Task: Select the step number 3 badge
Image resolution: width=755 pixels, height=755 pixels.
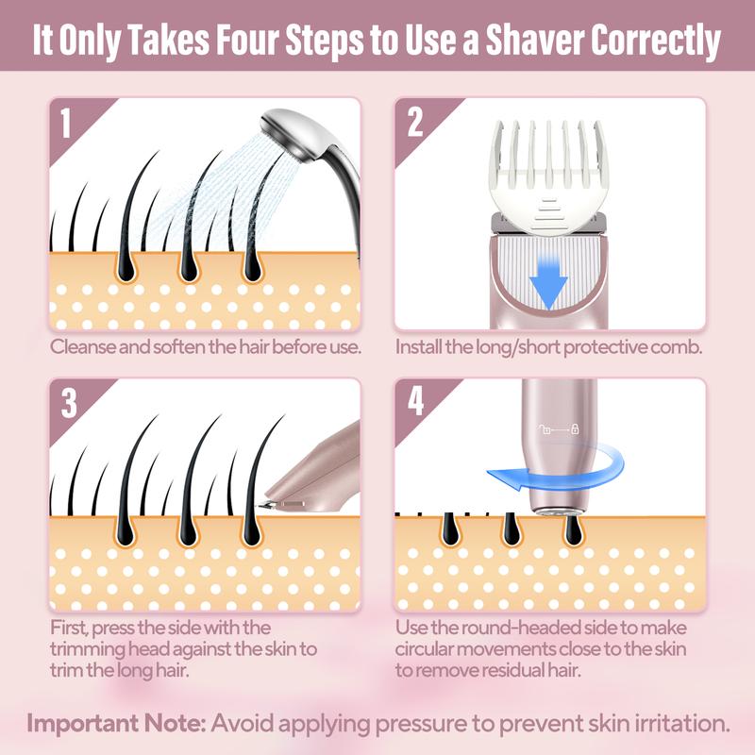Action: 67,402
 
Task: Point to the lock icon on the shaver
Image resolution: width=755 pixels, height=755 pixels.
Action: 575,431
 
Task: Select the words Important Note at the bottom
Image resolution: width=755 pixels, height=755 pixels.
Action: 114,725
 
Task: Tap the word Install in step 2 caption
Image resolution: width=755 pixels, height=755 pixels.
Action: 418,346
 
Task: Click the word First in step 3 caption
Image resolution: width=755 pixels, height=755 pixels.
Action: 71,629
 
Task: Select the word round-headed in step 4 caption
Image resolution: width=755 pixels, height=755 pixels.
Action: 507,629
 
